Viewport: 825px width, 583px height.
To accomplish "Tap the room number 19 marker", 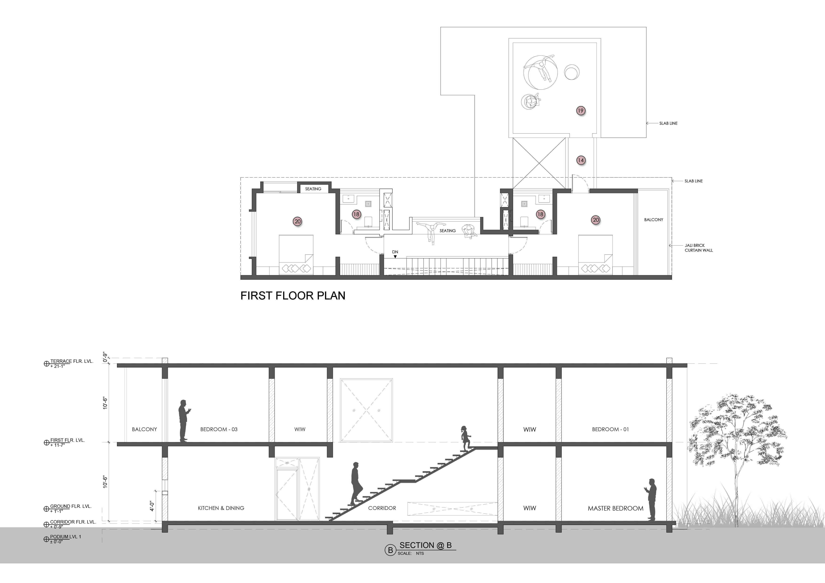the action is coord(581,111).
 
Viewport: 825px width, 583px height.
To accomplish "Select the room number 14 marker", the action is coord(581,160).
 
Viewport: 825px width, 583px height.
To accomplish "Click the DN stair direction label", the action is coord(395,252).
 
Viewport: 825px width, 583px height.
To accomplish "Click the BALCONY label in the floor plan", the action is coord(653,220).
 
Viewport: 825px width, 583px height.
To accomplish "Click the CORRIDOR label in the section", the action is coord(382,508).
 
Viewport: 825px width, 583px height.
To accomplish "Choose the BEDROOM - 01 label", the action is coord(610,429).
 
